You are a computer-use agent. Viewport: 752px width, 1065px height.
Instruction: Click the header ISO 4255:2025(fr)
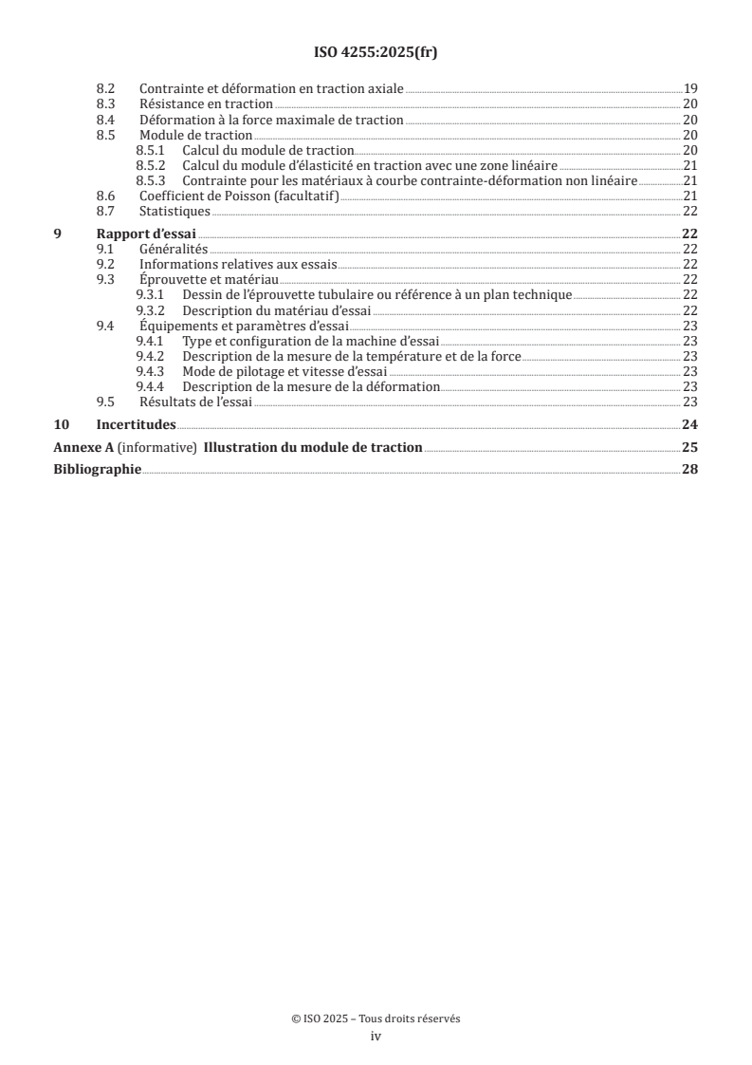(x=376, y=53)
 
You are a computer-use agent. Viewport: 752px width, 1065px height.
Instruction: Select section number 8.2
(x=106, y=89)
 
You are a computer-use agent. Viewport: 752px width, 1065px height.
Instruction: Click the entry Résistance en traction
(x=206, y=104)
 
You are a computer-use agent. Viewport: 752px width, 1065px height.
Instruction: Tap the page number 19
(x=690, y=89)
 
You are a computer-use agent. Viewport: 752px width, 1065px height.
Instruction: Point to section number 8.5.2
(x=151, y=165)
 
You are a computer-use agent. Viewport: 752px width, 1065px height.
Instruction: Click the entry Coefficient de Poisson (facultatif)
(x=239, y=196)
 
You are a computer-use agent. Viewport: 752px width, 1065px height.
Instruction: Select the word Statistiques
(x=174, y=211)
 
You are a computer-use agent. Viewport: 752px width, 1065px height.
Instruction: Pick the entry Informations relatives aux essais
(x=238, y=264)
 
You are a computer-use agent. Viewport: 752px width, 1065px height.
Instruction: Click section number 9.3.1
(x=151, y=294)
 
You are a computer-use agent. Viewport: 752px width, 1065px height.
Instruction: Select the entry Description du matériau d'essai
(x=277, y=309)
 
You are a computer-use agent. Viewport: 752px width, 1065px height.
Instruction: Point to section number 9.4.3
(x=151, y=371)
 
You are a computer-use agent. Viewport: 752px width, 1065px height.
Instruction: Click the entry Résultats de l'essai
(x=195, y=402)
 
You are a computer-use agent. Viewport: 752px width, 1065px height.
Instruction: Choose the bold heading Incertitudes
(x=137, y=424)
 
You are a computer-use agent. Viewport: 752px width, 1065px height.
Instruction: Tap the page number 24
(x=690, y=424)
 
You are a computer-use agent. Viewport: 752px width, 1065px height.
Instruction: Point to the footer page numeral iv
(x=376, y=1037)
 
